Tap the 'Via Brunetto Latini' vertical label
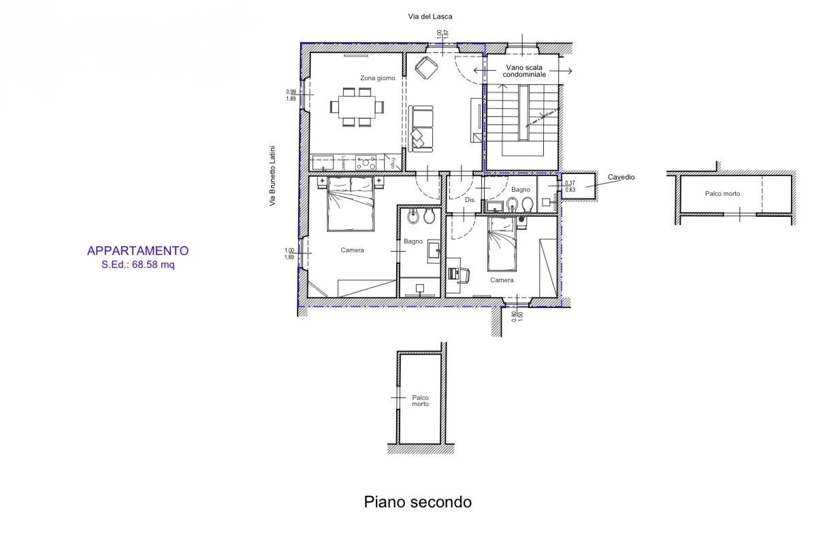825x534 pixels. point(272,176)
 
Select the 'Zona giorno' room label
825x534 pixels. point(378,78)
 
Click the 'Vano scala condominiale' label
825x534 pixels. point(524,71)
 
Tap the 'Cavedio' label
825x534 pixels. point(621,177)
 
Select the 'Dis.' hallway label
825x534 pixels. point(470,200)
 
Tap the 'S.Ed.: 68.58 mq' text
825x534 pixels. point(138,265)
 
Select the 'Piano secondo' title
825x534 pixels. point(417,502)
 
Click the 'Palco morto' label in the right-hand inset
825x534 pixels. point(722,194)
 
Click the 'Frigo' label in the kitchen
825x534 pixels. point(393,163)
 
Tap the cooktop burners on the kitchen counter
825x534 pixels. point(368,163)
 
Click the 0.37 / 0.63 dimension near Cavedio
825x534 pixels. point(570,186)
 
